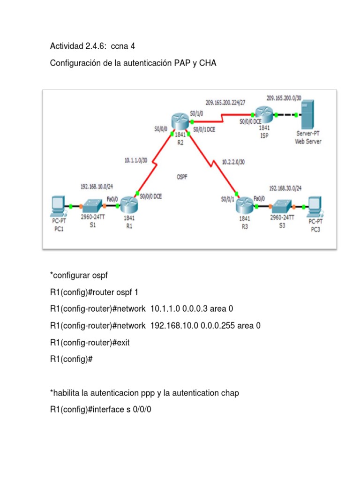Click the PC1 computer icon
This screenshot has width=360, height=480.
click(x=59, y=206)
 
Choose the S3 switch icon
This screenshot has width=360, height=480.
click(x=282, y=206)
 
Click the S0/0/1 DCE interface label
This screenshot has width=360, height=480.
click(x=204, y=130)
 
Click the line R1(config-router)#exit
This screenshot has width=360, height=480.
click(x=90, y=342)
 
